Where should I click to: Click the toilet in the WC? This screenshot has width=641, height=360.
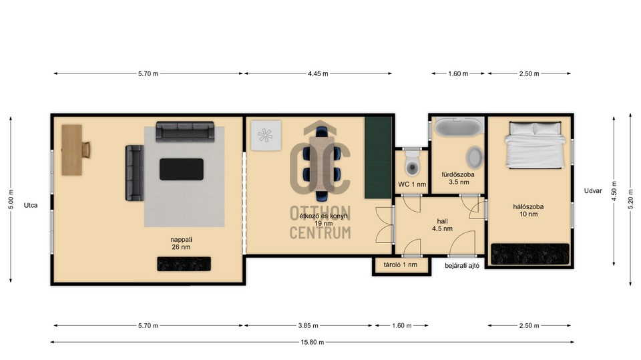pos(413,163)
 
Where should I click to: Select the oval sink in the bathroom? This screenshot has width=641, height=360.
pos(474,158)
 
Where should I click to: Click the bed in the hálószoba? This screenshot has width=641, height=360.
pos(535,144)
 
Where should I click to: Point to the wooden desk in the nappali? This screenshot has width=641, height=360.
pos(72,150)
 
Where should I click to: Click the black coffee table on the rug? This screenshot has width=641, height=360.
pos(182,170)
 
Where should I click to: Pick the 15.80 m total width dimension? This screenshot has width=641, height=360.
pos(312,342)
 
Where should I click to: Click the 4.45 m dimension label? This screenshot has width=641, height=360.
pos(318,73)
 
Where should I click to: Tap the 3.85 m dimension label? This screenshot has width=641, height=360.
pos(308,326)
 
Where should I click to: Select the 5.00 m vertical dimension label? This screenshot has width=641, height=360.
pos(11,200)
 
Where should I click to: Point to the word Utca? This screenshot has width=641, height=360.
pos(31,205)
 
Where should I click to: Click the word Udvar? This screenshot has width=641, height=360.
pos(593,190)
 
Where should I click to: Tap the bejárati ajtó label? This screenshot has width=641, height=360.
pos(462,266)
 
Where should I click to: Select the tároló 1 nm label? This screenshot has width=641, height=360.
pos(401,264)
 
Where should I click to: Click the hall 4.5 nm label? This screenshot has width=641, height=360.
pos(442,225)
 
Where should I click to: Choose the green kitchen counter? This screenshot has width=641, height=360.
pos(378,158)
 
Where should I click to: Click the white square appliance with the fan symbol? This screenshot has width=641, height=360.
pos(266,136)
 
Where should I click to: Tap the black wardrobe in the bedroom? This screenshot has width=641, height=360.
pos(529,254)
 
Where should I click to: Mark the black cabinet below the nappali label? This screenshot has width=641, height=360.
pos(184,264)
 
